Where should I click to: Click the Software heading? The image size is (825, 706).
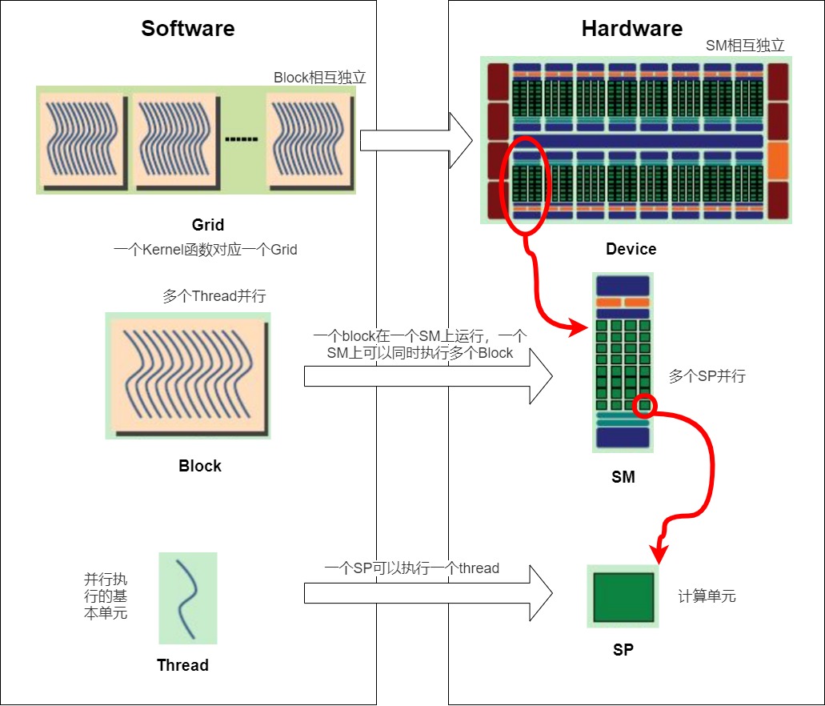point(188,29)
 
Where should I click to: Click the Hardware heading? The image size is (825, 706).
point(632,29)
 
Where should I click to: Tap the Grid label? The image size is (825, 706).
point(208,225)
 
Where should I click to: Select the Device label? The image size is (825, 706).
point(631,248)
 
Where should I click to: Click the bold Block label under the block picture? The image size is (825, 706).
point(200,466)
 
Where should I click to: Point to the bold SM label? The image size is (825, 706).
point(623,477)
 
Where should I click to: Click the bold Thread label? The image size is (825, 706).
point(182,665)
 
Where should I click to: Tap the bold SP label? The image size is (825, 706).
point(623,650)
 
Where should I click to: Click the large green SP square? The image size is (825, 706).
point(623,597)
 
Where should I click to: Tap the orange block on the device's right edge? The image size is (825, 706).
point(778,161)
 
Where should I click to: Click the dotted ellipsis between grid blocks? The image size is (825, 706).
point(242,139)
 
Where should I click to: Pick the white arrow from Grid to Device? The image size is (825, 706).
point(416,141)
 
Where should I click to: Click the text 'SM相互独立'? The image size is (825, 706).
point(745,46)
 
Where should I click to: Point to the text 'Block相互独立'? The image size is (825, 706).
point(319,78)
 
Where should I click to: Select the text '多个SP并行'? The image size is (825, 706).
point(707,376)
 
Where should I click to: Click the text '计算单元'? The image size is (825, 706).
point(707,596)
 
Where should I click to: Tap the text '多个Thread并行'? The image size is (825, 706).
point(214,296)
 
